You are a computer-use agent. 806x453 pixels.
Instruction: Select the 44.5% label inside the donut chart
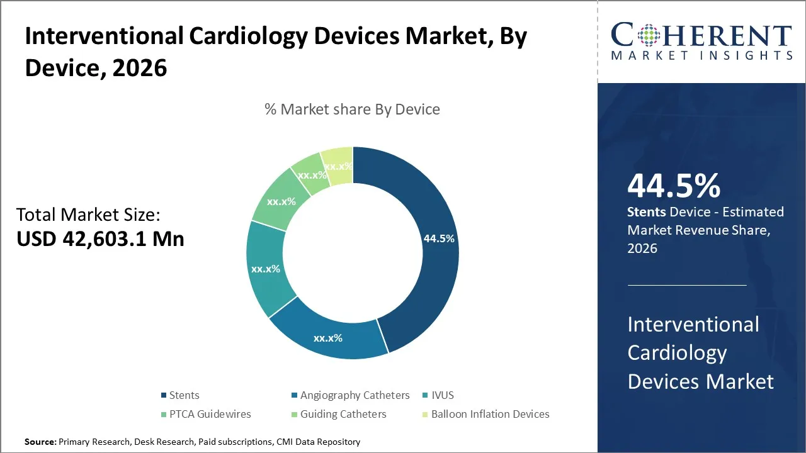point(439,239)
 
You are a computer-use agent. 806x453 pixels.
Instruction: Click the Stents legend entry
point(183,395)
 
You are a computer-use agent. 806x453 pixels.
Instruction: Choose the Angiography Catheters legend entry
point(354,395)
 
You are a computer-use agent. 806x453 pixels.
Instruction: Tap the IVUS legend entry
point(442,395)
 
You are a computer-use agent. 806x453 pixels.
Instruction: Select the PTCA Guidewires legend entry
point(209,414)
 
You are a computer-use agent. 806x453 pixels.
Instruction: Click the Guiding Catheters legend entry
point(343,414)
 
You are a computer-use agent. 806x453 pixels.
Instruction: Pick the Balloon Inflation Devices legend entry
point(489,414)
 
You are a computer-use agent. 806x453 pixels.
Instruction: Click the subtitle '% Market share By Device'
point(352,109)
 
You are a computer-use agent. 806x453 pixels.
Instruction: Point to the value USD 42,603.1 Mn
point(100,239)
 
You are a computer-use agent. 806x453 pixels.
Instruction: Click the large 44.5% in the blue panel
point(674,186)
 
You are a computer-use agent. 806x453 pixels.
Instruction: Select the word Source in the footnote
point(40,442)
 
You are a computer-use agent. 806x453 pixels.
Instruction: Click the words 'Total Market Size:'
point(88,215)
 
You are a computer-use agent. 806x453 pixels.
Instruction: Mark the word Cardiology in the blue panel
point(677,353)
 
